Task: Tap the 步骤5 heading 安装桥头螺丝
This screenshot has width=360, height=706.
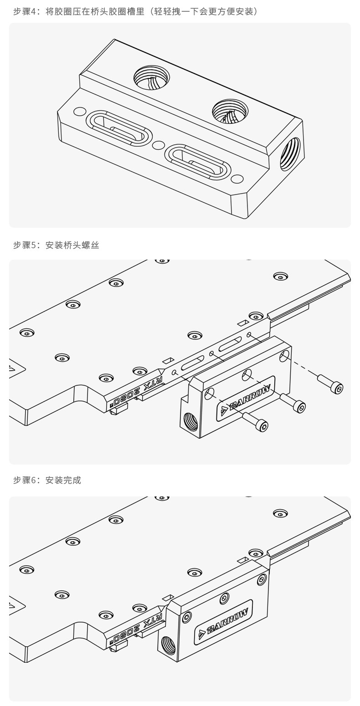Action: pyautogui.click(x=56, y=245)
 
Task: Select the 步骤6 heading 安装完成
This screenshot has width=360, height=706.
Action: pyautogui.click(x=47, y=480)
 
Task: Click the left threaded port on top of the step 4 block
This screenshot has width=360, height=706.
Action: pyautogui.click(x=151, y=77)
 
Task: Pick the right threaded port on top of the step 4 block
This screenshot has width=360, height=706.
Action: pyautogui.click(x=230, y=111)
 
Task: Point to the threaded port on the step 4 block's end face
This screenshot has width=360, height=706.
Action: pyautogui.click(x=290, y=154)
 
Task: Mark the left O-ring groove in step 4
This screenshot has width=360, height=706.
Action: pyautogui.click(x=119, y=128)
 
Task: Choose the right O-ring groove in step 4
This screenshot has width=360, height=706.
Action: pyautogui.click(x=198, y=162)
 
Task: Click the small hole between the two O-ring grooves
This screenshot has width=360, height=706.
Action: pyautogui.click(x=158, y=145)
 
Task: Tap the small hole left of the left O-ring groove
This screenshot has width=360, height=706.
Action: pyautogui.click(x=80, y=112)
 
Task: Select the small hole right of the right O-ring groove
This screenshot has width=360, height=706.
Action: pyautogui.click(x=237, y=179)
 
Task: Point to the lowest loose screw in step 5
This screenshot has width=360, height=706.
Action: pyautogui.click(x=255, y=421)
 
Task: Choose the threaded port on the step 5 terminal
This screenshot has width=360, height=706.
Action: pyautogui.click(x=191, y=422)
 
